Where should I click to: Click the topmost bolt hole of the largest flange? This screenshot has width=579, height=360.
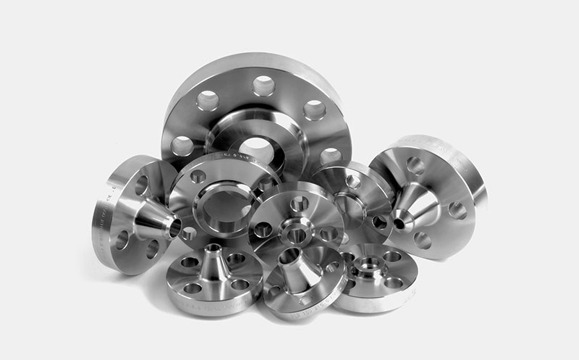[x=263, y=85]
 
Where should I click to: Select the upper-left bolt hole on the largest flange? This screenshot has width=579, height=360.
[x=208, y=101]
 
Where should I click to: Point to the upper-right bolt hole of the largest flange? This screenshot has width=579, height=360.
[x=314, y=110]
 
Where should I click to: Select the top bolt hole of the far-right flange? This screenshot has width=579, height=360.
[x=415, y=166]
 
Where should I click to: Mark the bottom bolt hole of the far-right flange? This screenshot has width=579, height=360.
[x=422, y=240]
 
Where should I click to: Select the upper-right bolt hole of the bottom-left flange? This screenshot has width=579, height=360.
[x=236, y=258]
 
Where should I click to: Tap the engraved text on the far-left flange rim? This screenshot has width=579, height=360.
[x=101, y=217]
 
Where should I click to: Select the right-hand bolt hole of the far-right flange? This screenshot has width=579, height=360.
[x=457, y=210]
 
